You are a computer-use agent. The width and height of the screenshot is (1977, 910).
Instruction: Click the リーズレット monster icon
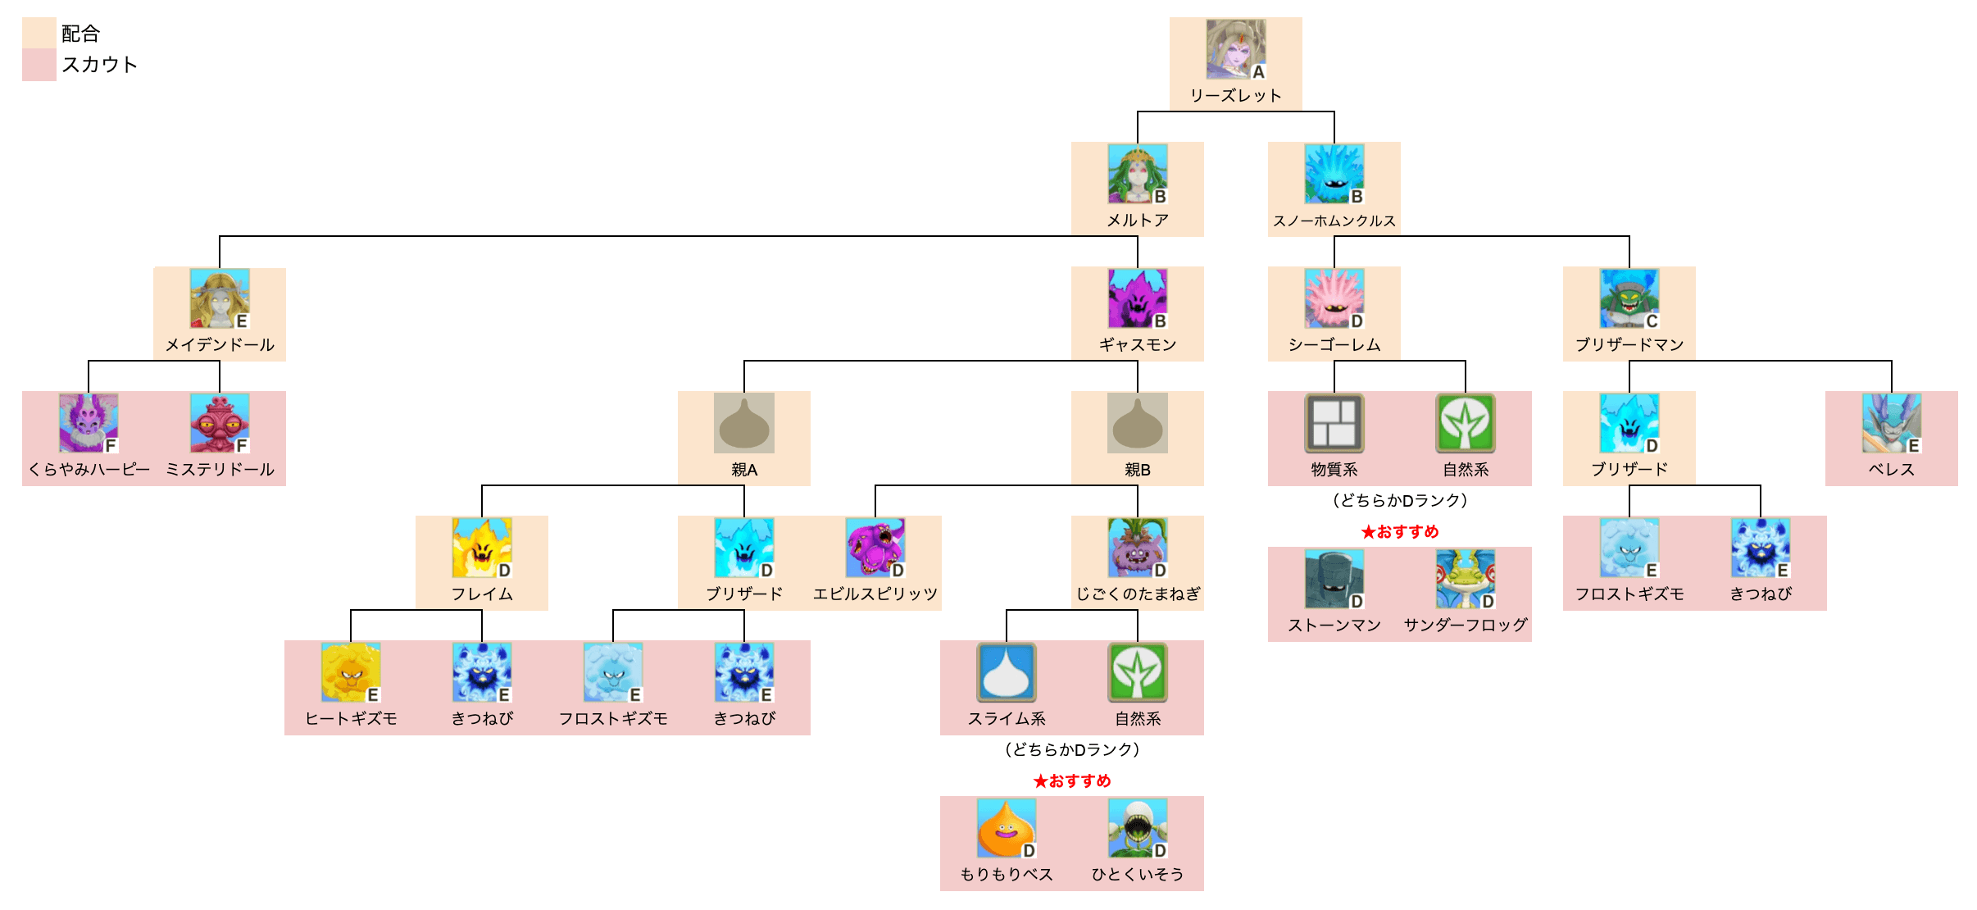[x=1235, y=49]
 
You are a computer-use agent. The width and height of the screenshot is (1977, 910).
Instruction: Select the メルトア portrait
[x=1137, y=174]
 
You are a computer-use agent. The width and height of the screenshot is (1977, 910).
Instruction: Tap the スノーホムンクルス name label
[x=1334, y=221]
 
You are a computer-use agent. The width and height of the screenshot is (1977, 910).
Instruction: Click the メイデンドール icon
[x=219, y=298]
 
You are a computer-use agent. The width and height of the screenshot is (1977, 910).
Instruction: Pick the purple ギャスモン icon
[x=1137, y=298]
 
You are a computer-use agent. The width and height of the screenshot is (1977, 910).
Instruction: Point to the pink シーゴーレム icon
[x=1334, y=298]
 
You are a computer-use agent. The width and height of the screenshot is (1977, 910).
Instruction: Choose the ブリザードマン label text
[x=1629, y=345]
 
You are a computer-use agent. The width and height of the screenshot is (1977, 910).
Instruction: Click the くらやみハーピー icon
[x=88, y=423]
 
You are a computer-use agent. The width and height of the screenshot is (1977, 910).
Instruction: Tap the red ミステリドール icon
[x=219, y=423]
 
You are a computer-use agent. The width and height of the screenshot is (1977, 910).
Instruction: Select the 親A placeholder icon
[x=743, y=423]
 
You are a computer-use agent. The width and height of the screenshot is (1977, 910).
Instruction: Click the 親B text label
[x=1137, y=470]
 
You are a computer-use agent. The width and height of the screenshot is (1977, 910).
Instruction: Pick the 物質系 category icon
[x=1334, y=423]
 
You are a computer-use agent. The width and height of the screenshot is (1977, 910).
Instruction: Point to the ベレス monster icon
[x=1891, y=423]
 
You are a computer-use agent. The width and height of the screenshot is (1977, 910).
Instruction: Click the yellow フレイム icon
[x=481, y=548]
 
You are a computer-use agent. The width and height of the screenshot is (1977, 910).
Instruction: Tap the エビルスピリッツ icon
[x=875, y=548]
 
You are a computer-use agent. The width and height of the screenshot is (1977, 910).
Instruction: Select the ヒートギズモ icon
[x=350, y=672]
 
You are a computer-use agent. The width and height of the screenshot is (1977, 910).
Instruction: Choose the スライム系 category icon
[x=1006, y=672]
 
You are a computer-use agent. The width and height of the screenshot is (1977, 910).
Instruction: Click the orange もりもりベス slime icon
[x=1006, y=828]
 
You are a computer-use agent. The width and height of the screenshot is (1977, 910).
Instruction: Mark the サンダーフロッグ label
[x=1465, y=626]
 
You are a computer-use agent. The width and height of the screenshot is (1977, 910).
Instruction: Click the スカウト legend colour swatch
[x=39, y=65]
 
